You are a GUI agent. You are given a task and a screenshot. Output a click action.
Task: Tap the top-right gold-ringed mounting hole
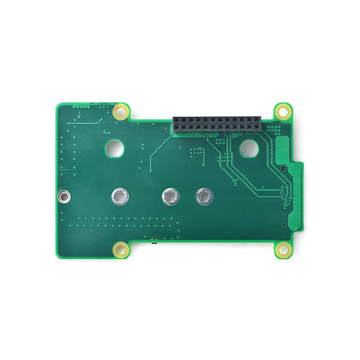tap(283, 111)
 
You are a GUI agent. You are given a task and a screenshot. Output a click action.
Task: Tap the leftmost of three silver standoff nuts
tap(120, 197)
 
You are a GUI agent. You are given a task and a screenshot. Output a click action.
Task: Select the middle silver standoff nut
tap(171, 197)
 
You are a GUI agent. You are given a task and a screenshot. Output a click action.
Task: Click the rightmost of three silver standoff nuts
tap(204, 197)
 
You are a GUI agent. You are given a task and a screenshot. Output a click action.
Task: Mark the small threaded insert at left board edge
tap(64, 197)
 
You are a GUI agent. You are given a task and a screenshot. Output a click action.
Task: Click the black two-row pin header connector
tap(217, 125)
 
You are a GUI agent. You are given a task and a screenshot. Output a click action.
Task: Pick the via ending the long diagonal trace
tap(150, 171)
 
